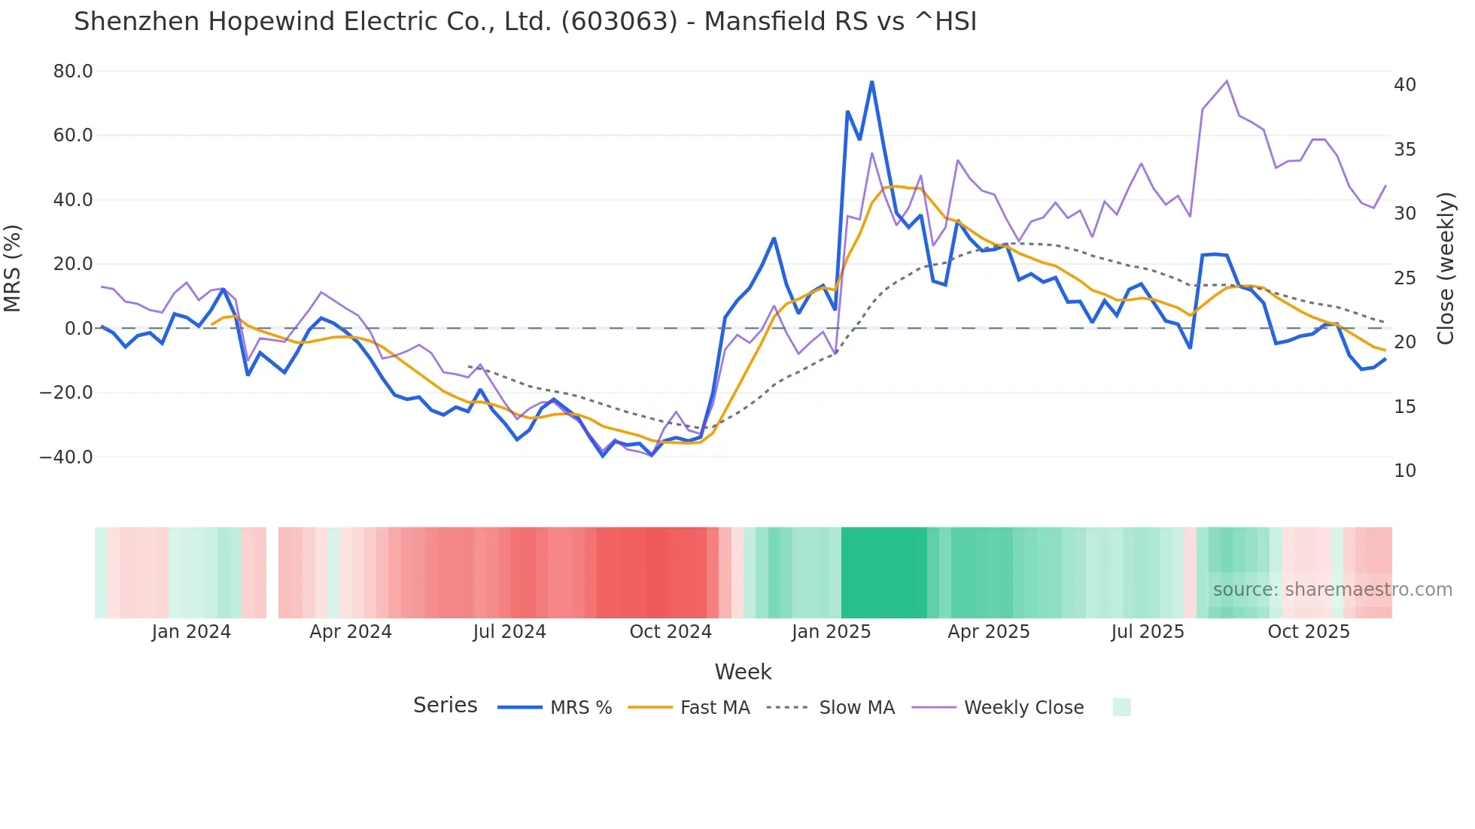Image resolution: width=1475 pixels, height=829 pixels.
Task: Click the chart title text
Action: coord(525,22)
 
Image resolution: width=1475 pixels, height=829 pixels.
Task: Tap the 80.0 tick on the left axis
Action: coord(73,71)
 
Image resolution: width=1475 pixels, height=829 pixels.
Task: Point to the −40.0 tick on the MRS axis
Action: coord(66,457)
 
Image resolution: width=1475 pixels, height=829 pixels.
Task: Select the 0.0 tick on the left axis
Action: coord(79,329)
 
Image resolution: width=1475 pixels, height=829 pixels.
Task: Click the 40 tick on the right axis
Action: coord(1404,85)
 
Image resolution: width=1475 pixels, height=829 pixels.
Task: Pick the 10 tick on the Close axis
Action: coord(1404,471)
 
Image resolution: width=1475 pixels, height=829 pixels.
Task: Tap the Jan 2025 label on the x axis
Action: coord(831,632)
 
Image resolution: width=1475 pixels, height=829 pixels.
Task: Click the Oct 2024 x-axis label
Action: coord(671,632)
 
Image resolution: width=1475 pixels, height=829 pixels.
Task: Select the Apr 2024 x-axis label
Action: coord(351,632)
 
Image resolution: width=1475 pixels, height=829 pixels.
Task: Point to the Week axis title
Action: coord(743,672)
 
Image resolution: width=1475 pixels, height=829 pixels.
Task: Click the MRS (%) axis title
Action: coord(13,268)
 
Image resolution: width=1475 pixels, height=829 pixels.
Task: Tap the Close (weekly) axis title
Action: coord(1446,268)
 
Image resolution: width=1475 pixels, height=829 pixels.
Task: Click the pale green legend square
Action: coord(1121,707)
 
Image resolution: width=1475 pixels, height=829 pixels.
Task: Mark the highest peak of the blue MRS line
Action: coord(871,82)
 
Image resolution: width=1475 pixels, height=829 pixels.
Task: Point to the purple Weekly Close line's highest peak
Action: coord(1227,80)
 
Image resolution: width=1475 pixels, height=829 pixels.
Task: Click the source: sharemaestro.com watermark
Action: coord(1332,590)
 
